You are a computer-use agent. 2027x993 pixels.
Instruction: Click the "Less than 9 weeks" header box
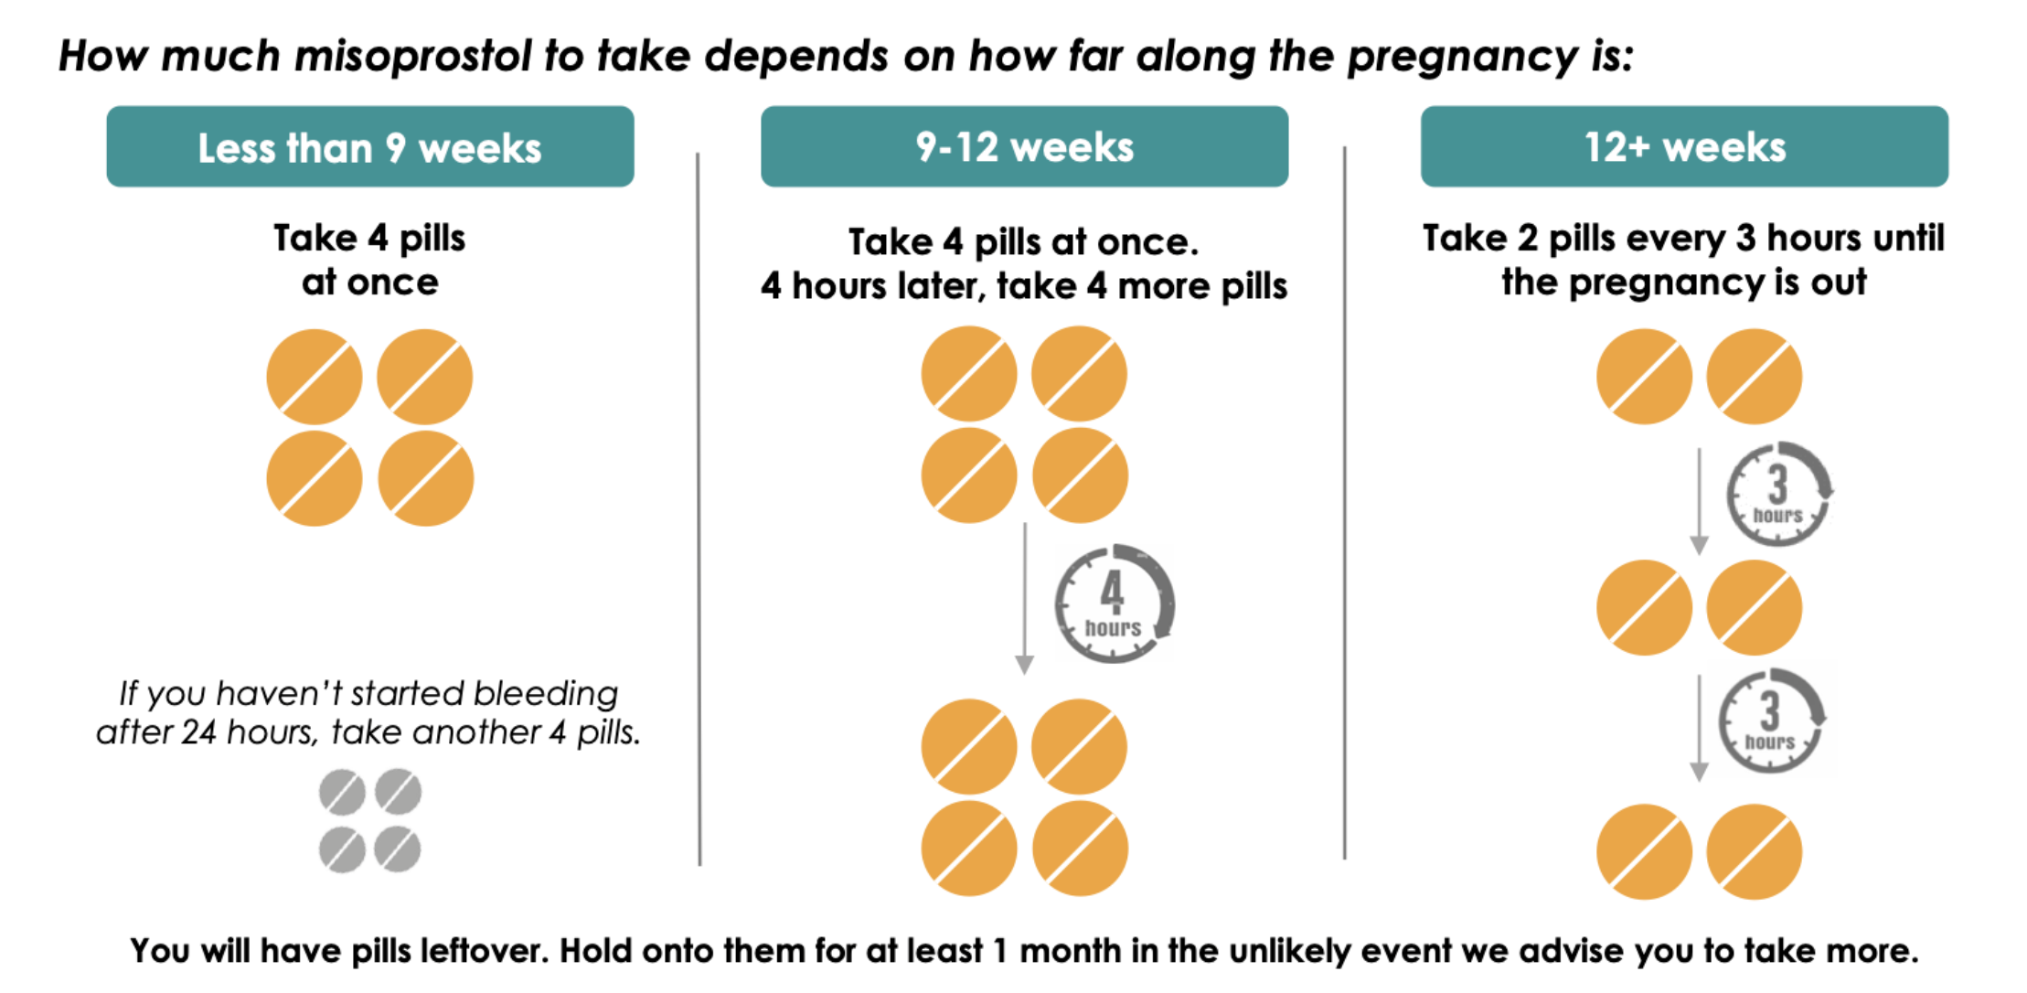coord(370,146)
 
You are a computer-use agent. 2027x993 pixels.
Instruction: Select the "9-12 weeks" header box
coord(1024,146)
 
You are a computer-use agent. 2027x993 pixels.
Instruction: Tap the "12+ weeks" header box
coord(1684,146)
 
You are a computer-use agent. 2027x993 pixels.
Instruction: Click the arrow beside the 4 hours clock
coord(1025,599)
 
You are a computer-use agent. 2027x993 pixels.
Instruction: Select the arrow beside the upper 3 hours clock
coord(1700,501)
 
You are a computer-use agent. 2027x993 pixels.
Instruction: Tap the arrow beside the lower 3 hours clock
coord(1700,729)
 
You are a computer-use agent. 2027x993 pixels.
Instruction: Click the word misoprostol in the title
coord(412,57)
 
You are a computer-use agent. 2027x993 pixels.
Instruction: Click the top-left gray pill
coord(342,792)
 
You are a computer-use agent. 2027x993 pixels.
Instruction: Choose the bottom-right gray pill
coord(398,849)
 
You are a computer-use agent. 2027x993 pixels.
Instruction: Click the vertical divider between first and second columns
coord(699,508)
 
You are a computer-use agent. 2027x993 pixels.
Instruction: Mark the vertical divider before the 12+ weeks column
coord(1345,503)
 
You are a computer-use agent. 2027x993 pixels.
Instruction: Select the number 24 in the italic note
coord(199,732)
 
